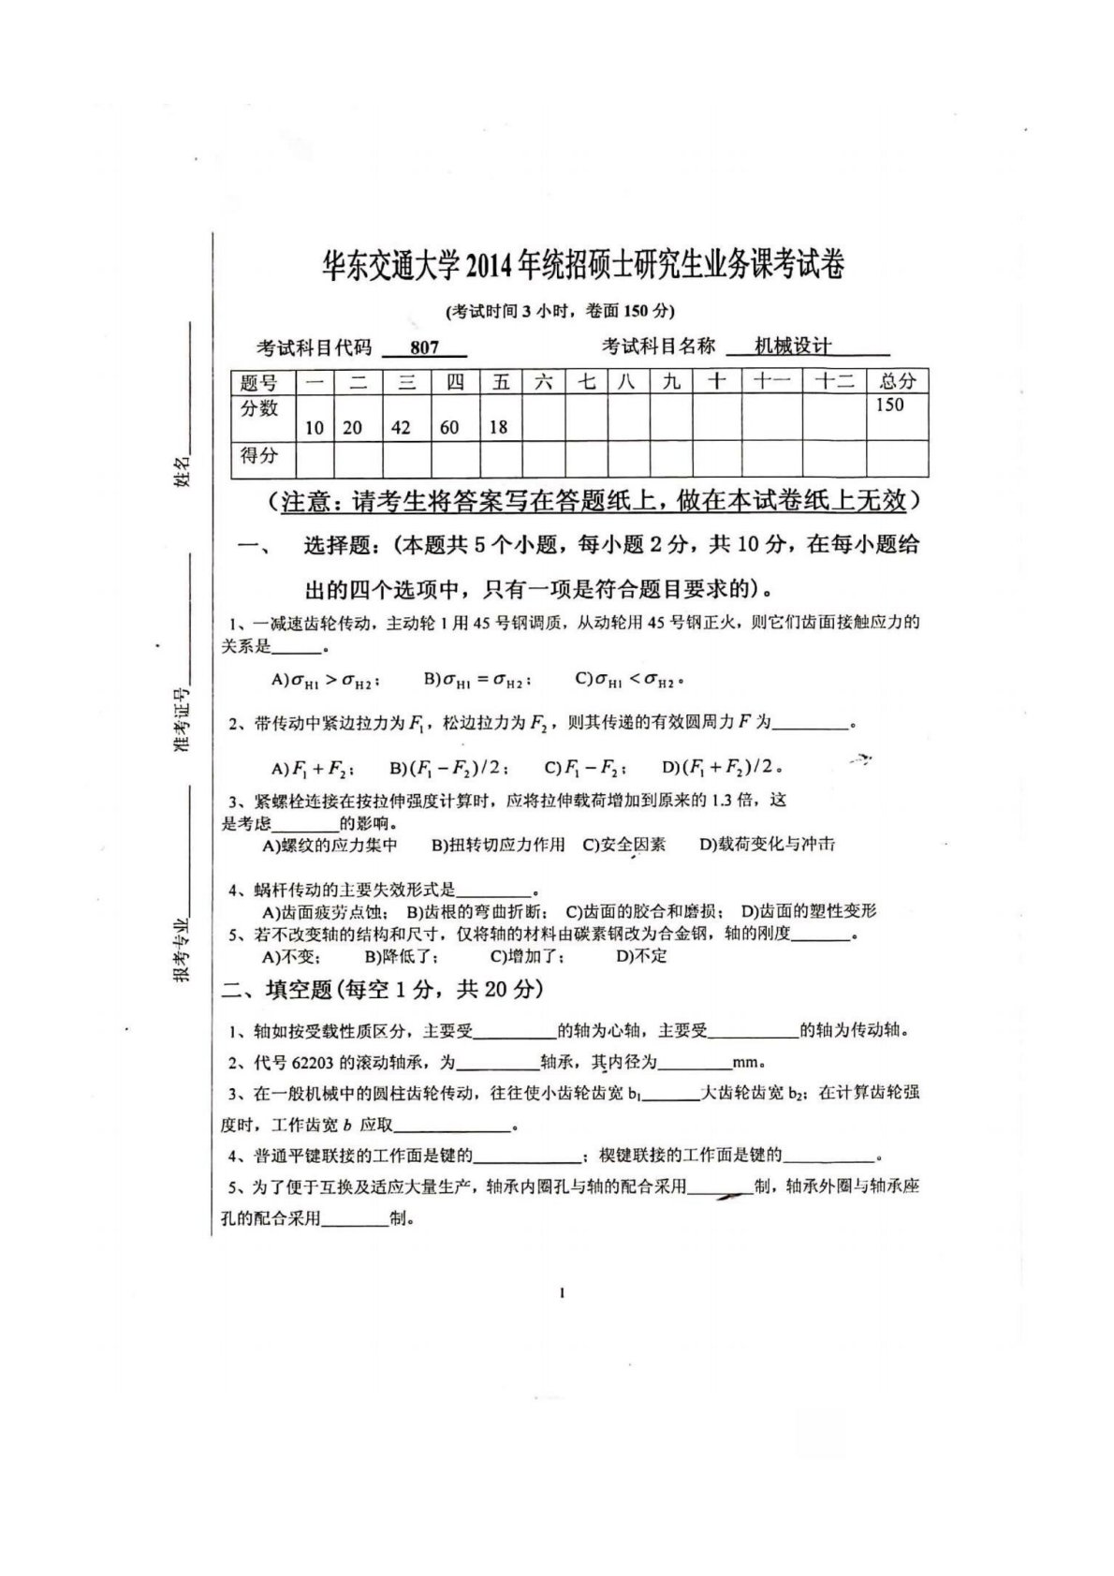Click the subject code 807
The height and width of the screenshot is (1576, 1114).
424,347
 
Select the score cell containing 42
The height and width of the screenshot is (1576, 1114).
401,427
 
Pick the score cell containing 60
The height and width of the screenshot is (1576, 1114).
449,427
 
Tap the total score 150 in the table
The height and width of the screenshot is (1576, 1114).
889,405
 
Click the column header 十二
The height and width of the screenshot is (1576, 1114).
834,381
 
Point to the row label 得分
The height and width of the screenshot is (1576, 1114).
259,456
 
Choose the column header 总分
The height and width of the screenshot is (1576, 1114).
897,381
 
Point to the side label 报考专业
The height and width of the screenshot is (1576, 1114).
182,949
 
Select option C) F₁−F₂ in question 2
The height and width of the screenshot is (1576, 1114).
586,768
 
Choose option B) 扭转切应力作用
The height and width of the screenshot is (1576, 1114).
498,845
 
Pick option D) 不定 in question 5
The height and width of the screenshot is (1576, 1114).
641,956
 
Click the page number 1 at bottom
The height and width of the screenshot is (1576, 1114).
562,1294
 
